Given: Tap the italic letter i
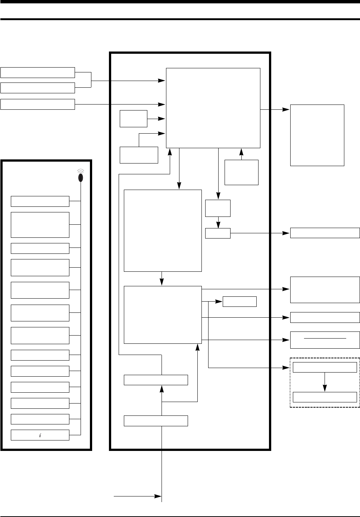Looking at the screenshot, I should click(x=40, y=435).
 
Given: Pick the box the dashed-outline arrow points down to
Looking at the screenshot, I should click(x=325, y=397).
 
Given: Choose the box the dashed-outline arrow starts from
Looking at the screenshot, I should click(x=325, y=367).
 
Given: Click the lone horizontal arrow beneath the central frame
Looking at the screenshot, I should click(x=137, y=496).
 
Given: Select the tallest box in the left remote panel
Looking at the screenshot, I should click(x=40, y=225).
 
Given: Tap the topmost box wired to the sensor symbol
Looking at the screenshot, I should click(x=40, y=201).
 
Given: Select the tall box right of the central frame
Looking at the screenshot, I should click(x=317, y=135).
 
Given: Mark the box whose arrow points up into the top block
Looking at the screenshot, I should click(x=241, y=172).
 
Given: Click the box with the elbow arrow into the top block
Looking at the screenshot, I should click(x=139, y=155).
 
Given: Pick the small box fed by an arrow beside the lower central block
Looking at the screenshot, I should click(x=240, y=301).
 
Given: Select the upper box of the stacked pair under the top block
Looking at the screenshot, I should click(x=218, y=208).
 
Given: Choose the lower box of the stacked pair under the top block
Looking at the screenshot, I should click(x=218, y=233).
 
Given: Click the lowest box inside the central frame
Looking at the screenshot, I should click(x=156, y=421).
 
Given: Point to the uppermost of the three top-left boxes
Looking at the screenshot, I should click(x=37, y=72).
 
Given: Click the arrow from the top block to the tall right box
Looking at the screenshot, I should click(x=275, y=110).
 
